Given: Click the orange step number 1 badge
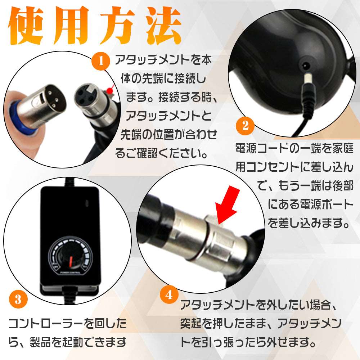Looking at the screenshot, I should click(x=101, y=62).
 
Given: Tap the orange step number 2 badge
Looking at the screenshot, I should click(x=245, y=126).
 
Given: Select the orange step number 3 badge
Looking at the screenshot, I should click(x=18, y=299).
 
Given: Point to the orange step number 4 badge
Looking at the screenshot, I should click(x=169, y=295).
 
